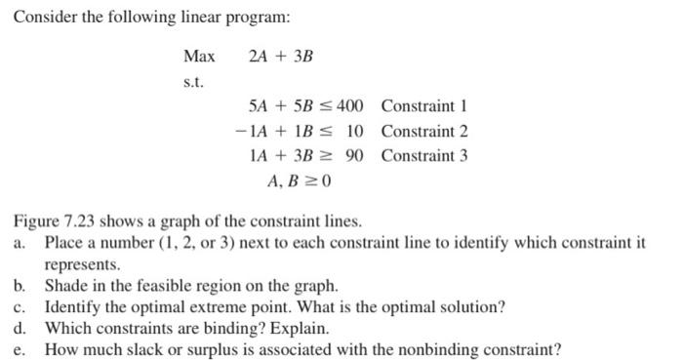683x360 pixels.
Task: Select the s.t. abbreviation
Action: [193, 81]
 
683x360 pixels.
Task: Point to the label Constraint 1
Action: [424, 105]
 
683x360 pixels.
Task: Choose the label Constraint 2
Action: [424, 131]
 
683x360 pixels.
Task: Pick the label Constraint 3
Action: [424, 156]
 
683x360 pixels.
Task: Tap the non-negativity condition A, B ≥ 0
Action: [300, 181]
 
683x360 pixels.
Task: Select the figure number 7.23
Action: [75, 220]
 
